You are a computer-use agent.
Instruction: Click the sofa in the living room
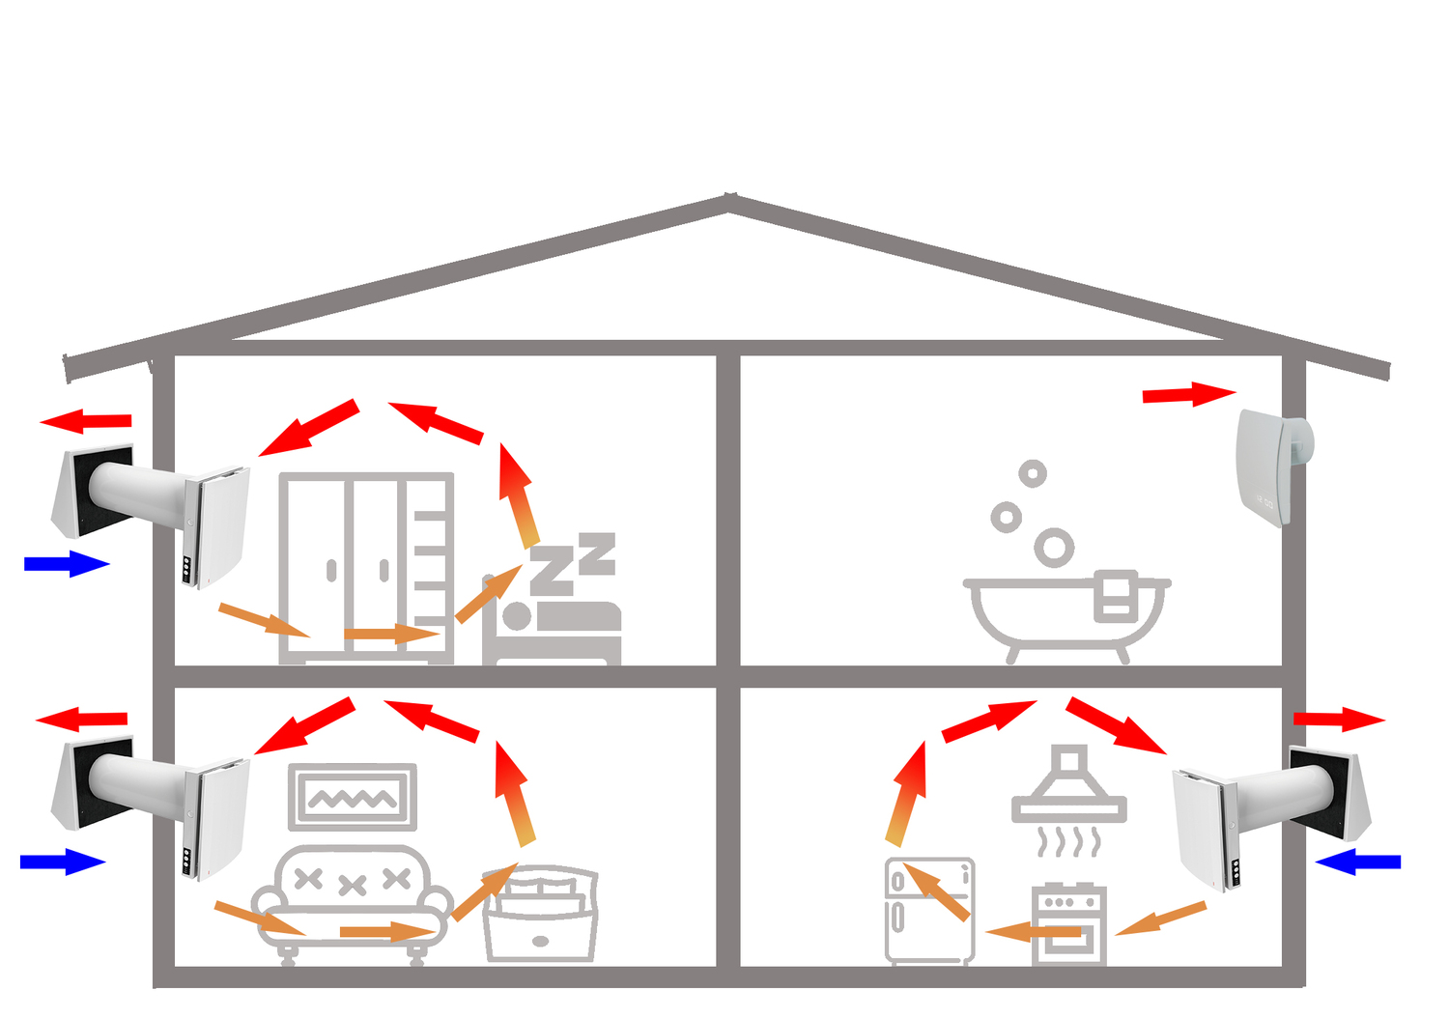click(352, 898)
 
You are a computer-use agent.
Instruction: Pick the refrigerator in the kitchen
click(929, 911)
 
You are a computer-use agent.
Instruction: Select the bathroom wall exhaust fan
click(1273, 467)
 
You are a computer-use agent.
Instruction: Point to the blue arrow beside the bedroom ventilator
click(66, 563)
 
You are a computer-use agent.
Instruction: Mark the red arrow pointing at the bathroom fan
click(1188, 394)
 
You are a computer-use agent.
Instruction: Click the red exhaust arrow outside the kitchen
click(1338, 719)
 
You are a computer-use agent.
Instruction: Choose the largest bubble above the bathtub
click(1054, 548)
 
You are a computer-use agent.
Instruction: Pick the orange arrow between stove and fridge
click(1035, 932)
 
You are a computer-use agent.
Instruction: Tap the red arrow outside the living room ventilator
click(81, 720)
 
